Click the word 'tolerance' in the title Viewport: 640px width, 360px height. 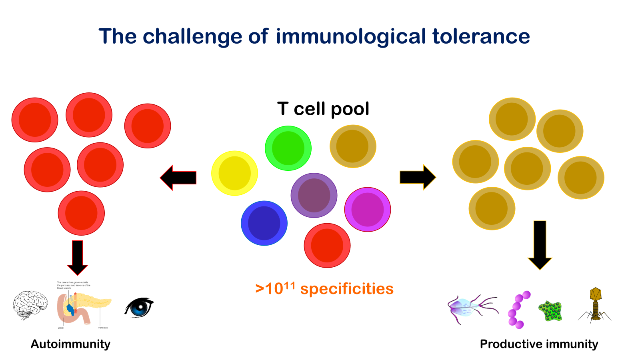tap(481, 36)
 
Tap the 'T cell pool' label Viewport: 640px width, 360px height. tap(323, 109)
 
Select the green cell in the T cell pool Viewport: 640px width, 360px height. tap(288, 148)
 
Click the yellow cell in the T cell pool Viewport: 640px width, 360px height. tap(234, 173)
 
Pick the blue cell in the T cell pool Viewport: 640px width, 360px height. tap(264, 223)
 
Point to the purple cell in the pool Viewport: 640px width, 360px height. tap(314, 195)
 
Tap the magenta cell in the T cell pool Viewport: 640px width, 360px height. tap(367, 210)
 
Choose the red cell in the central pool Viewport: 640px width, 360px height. tap(327, 245)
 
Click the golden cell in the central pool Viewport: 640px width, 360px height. tap(353, 146)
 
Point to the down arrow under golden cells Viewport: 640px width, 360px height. tap(540, 244)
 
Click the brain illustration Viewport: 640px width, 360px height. tap(30, 305)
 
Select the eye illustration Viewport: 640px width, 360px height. tap(139, 307)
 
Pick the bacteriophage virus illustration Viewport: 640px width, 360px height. tap(595, 305)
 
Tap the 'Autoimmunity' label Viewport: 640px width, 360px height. tap(70, 344)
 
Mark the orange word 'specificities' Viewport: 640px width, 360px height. tap(347, 289)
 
